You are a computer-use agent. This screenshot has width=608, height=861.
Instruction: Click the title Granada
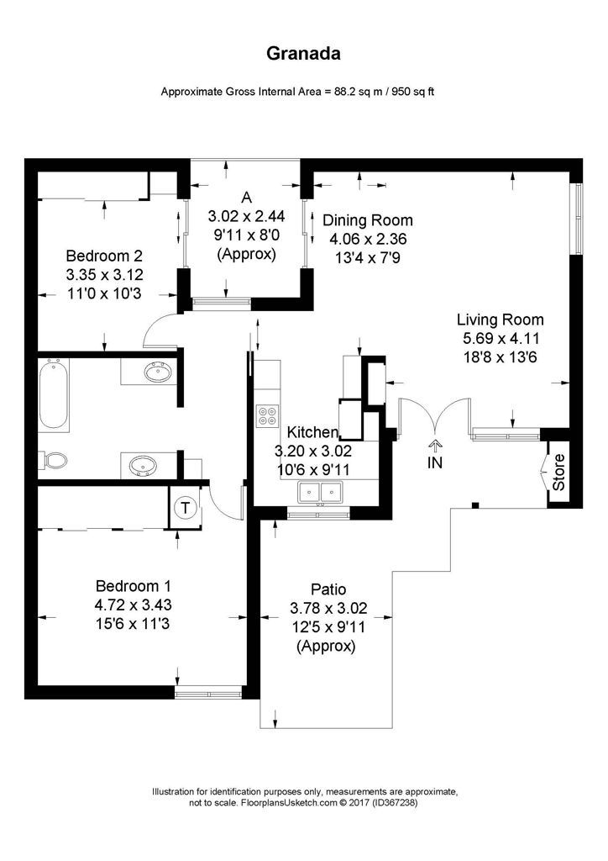coord(303,54)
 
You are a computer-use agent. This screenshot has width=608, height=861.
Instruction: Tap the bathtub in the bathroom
coord(56,394)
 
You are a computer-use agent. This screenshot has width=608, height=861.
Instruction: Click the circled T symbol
coord(185,507)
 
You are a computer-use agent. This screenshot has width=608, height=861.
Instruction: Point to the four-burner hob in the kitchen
coord(269,415)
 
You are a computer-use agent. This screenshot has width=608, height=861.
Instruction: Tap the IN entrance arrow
coord(435,455)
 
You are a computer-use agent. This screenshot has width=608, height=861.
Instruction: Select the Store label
coord(559,473)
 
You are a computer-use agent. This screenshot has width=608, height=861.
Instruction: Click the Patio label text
coord(328,589)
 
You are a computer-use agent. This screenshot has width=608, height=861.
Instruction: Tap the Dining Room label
coord(368,220)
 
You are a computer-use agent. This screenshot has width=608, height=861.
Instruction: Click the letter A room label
coord(246,198)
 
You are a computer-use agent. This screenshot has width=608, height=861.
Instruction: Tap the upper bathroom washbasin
coord(155,372)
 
